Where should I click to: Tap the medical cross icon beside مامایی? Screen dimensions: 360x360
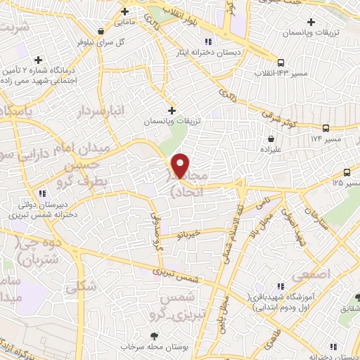[x=125, y=11]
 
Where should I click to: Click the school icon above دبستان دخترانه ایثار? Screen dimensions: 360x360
[x=205, y=39]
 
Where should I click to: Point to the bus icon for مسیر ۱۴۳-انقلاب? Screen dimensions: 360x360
[x=281, y=62]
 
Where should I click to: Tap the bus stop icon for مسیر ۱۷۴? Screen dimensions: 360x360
[x=326, y=128]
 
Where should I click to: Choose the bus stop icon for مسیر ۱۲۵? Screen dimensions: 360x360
[x=347, y=172]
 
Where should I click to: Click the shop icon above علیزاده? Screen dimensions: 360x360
[x=271, y=140]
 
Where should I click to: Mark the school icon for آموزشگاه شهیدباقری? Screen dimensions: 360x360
[x=281, y=286]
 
